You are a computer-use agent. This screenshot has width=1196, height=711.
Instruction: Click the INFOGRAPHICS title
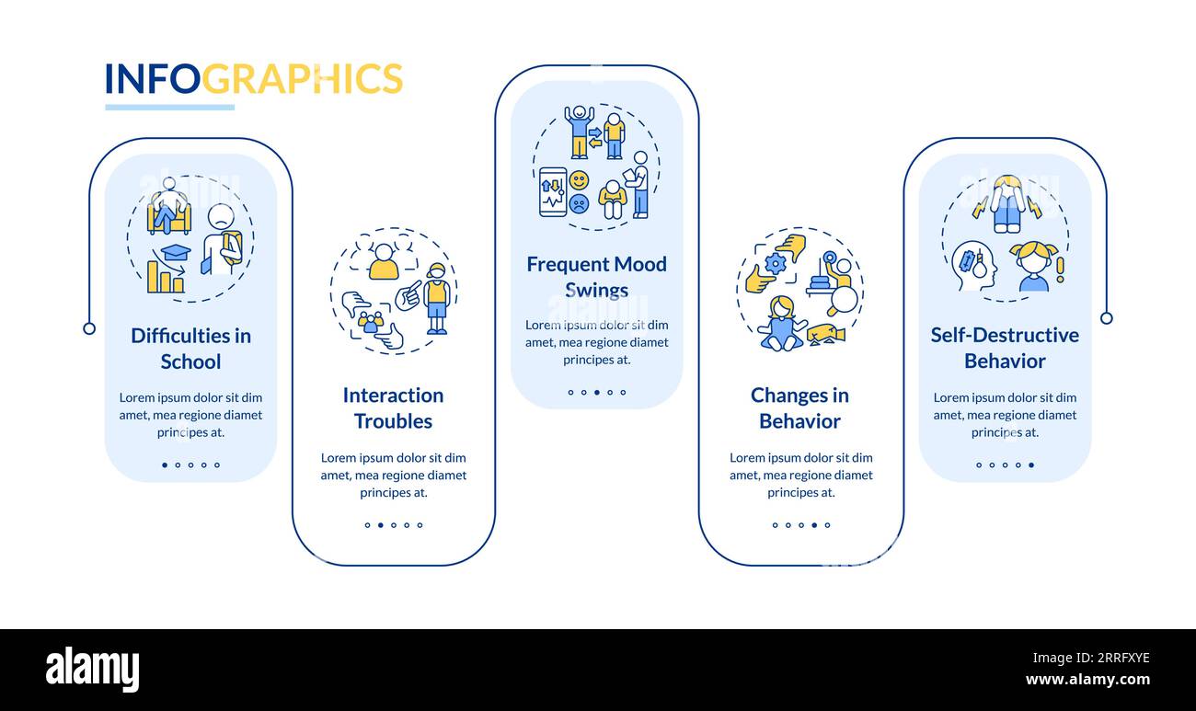tap(253, 79)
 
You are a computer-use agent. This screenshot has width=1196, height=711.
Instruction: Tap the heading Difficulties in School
tap(190, 349)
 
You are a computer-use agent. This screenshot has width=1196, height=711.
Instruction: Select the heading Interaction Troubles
tap(393, 407)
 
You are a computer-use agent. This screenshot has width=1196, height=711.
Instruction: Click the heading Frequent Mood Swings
tap(596, 277)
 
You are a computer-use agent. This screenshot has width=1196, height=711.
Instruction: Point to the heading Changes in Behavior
tap(799, 407)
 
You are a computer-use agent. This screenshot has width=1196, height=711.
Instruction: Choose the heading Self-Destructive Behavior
tap(1005, 348)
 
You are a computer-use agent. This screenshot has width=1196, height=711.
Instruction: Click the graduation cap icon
tap(175, 251)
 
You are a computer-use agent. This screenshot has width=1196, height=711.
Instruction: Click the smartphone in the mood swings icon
tap(552, 191)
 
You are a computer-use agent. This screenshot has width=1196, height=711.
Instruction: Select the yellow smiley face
tap(579, 180)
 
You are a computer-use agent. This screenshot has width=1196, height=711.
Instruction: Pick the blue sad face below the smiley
tap(579, 204)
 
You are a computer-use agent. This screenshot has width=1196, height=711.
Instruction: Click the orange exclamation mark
tap(1060, 269)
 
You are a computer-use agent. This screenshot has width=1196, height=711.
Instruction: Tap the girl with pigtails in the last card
tap(1032, 267)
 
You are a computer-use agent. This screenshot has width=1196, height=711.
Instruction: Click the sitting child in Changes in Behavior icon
tap(781, 324)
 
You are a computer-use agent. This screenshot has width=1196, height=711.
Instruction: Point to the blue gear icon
tap(776, 264)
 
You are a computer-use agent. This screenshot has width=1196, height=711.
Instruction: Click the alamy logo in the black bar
tap(92, 670)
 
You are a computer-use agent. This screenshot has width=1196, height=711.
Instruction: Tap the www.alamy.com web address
tap(1087, 681)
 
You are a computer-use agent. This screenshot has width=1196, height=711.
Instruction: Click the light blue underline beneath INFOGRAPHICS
tap(169, 108)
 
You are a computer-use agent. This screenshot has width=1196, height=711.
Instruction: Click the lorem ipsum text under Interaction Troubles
tap(393, 475)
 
